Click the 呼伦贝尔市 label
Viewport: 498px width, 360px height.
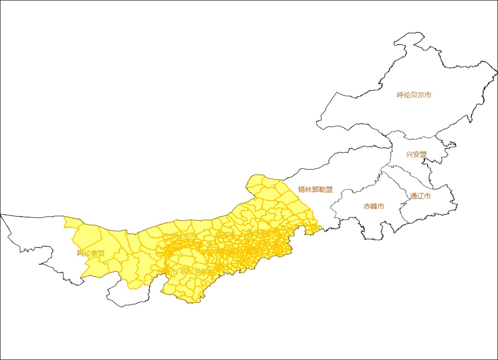click(414, 95)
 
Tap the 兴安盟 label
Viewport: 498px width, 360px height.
click(416, 155)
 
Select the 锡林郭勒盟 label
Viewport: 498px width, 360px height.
click(315, 190)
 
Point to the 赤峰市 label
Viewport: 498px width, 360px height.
click(373, 206)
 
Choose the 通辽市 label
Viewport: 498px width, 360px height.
click(421, 196)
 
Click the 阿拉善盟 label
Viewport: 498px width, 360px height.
click(91, 253)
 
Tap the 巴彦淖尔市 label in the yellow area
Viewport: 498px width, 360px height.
click(179, 237)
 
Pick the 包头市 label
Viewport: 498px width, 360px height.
click(225, 235)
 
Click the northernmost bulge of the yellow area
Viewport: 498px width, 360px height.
click(256, 175)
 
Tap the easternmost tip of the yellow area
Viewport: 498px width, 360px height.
click(321, 227)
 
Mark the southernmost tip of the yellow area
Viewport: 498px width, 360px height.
click(199, 303)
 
